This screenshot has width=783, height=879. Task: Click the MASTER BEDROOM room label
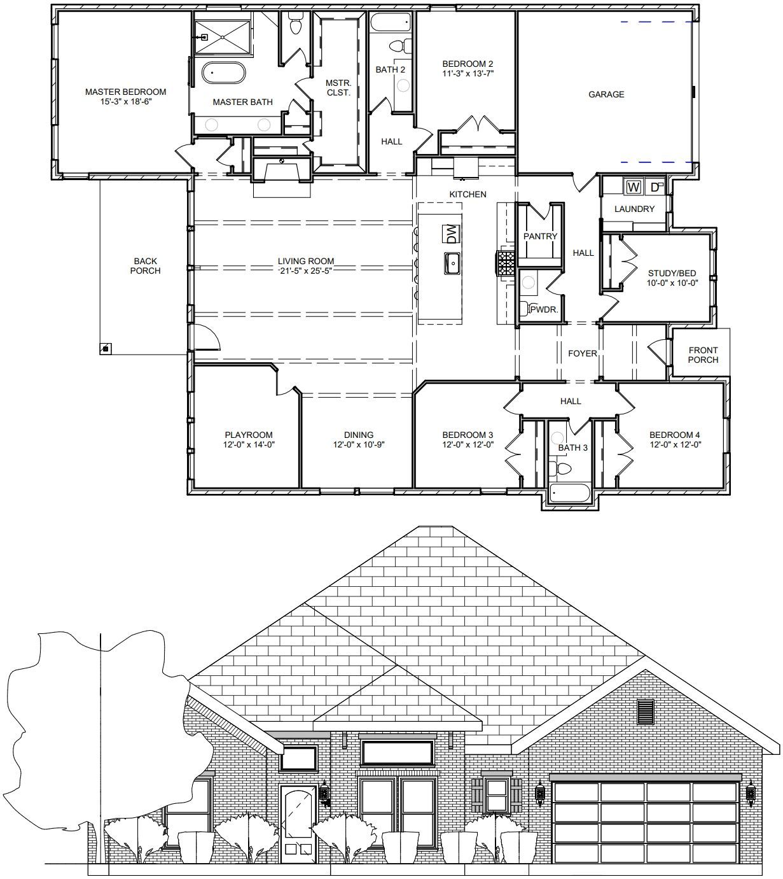click(x=125, y=92)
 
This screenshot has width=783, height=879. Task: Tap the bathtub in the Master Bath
click(x=223, y=73)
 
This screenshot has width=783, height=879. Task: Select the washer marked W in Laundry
click(x=634, y=187)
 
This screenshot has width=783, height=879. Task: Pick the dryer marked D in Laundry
click(x=656, y=187)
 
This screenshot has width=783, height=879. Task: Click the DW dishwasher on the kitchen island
click(x=452, y=234)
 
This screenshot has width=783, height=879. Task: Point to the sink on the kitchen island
click(x=452, y=264)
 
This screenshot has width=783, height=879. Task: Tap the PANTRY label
click(x=540, y=236)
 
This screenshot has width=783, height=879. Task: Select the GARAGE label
click(x=606, y=94)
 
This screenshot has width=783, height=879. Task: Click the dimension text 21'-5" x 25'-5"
click(x=306, y=271)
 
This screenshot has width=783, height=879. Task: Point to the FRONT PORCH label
click(x=703, y=355)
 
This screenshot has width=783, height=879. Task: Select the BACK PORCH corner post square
click(x=106, y=348)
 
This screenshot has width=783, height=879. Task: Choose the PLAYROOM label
click(x=249, y=435)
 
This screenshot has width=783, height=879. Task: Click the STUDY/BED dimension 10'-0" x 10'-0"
click(x=672, y=283)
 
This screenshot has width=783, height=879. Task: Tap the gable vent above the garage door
click(x=646, y=712)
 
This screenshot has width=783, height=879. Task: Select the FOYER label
click(x=582, y=354)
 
